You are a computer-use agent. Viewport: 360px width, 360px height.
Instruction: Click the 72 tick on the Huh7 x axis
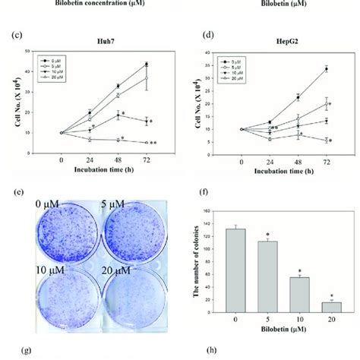144,160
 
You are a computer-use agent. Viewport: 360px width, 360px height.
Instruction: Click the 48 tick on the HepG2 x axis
298,160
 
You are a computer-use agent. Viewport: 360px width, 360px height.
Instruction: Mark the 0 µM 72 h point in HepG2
326,69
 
